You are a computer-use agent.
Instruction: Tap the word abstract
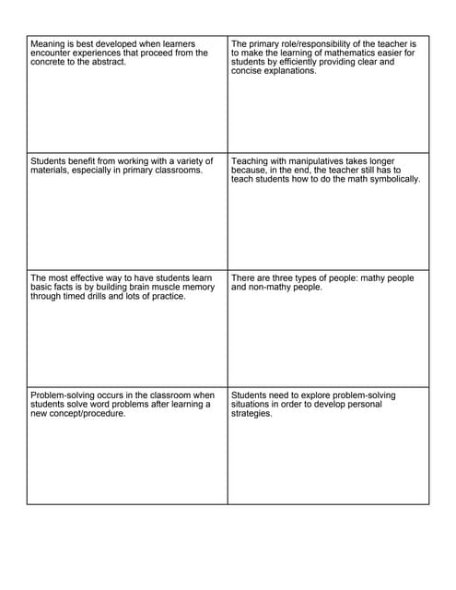pyautogui.click(x=108, y=62)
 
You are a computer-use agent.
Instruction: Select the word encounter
pyautogui.click(x=53, y=53)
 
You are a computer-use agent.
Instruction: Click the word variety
pyautogui.click(x=187, y=160)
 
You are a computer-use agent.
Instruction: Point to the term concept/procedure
pyautogui.click(x=88, y=413)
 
